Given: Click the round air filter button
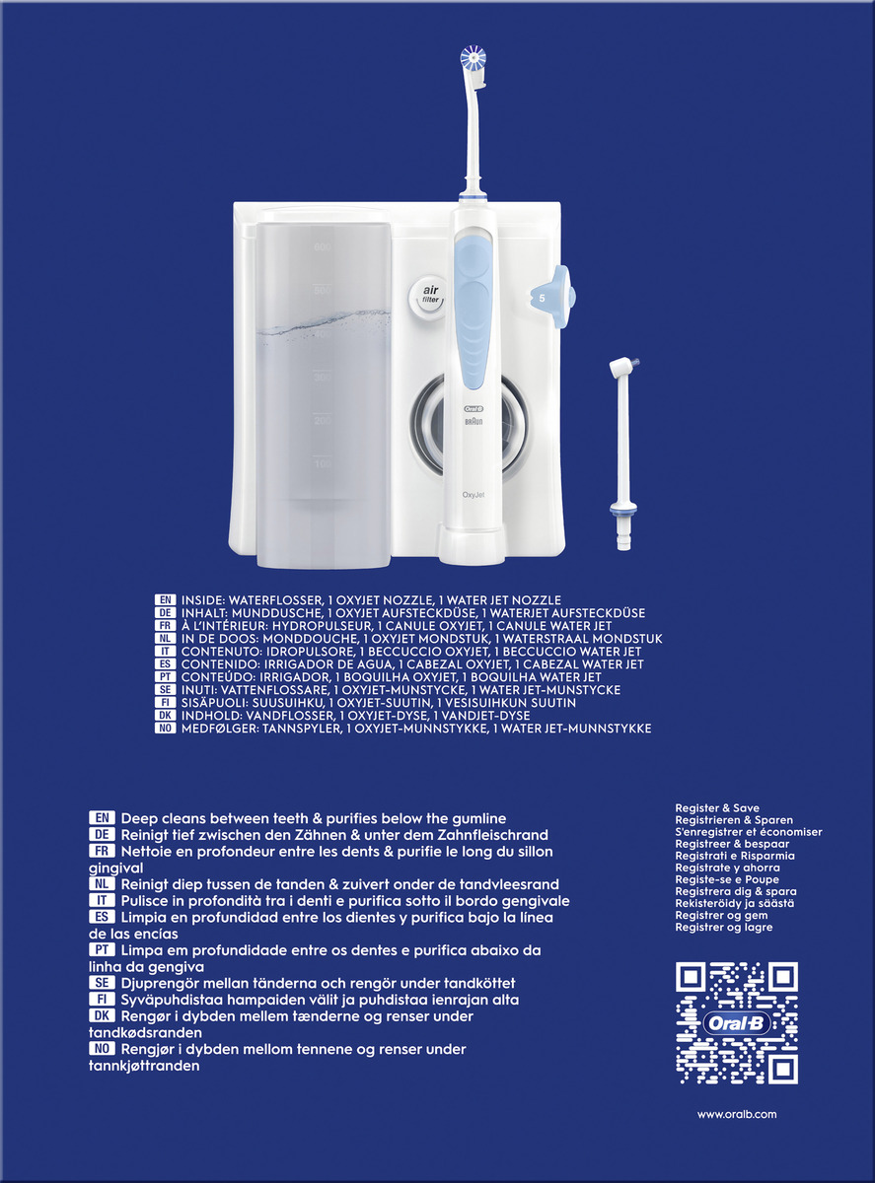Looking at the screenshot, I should click(x=429, y=295).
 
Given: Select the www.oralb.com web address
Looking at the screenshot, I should click(x=737, y=1114).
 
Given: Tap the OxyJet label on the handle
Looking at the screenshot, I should click(x=474, y=494).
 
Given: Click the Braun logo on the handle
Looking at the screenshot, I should click(x=473, y=421).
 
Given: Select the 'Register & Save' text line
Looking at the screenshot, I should click(x=717, y=808).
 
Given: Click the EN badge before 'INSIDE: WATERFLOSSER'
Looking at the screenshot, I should click(x=166, y=599).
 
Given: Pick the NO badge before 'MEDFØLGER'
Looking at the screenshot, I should click(x=166, y=729).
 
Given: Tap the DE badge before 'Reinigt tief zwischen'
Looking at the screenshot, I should click(x=103, y=834).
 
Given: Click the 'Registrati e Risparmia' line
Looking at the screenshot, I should click(x=734, y=856).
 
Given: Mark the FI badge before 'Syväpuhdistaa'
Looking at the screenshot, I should click(x=103, y=1000).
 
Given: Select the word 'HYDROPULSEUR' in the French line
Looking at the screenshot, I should click(x=316, y=626).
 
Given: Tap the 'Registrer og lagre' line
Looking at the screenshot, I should click(x=723, y=928).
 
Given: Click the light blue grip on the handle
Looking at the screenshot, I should click(x=474, y=306).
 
